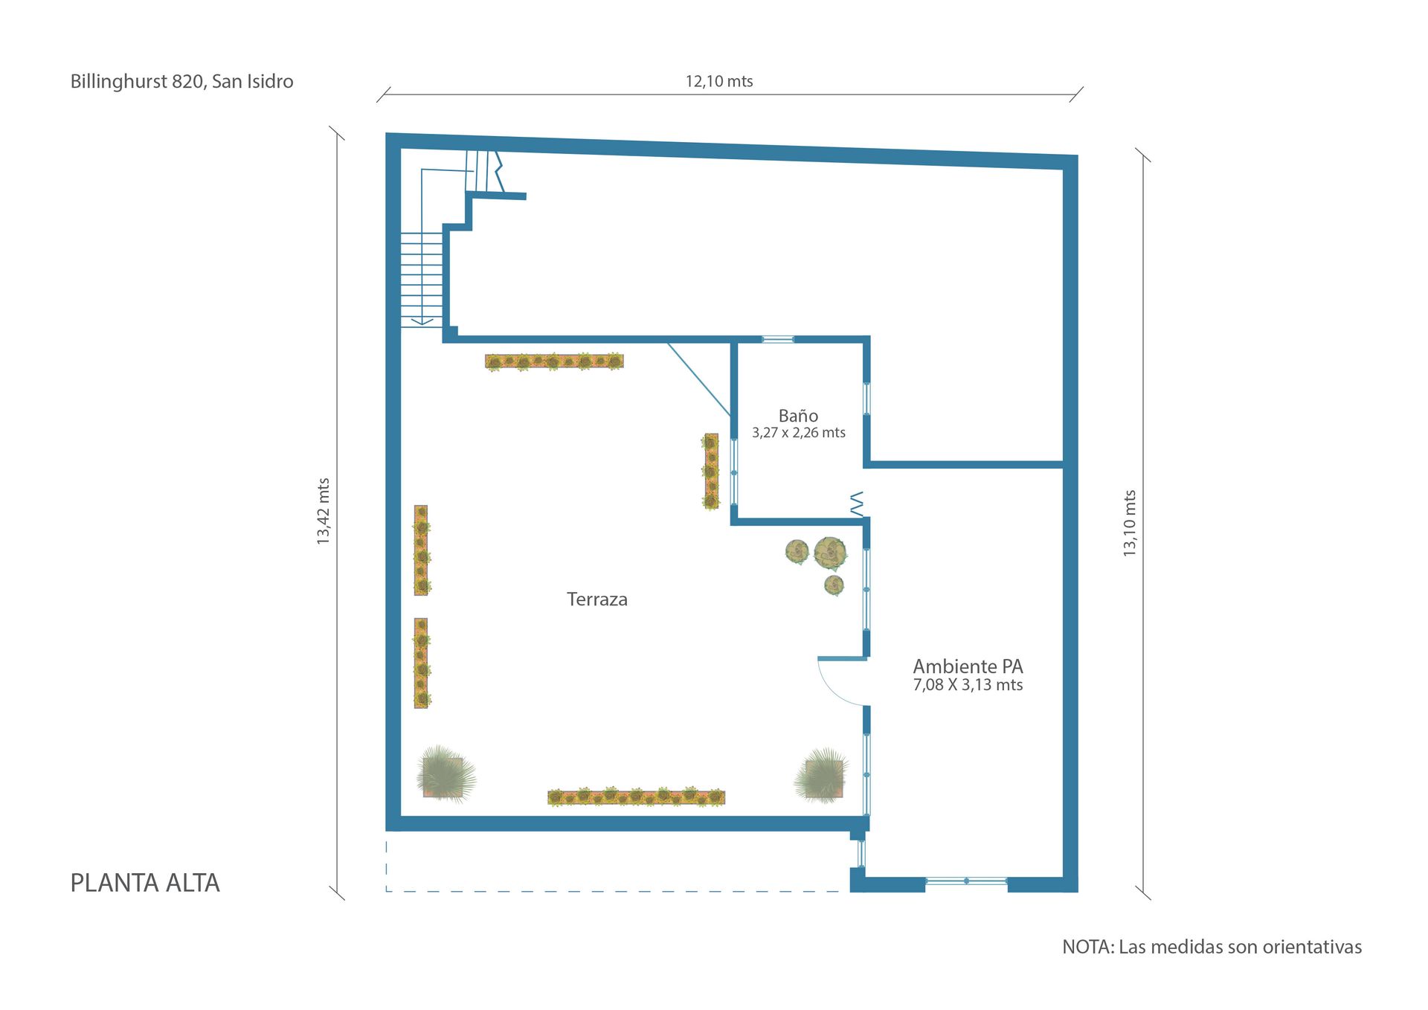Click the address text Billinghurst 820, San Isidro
pos(181,82)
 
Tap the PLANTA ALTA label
pos(145,883)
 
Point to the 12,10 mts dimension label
pos(719,81)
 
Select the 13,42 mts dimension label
pos(323,511)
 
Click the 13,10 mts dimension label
pos(1129,523)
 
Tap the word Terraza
pos(597,599)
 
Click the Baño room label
pos(798,416)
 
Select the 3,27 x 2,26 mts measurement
pos(799,433)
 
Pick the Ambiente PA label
pos(968,666)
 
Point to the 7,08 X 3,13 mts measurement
pos(968,685)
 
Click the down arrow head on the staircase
pos(422,321)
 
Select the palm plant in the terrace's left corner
pos(445,774)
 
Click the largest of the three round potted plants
pos(830,553)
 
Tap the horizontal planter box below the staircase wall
pos(554,361)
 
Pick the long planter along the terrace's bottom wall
pos(636,797)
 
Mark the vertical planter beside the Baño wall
pos(711,472)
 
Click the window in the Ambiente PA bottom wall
pos(966,881)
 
